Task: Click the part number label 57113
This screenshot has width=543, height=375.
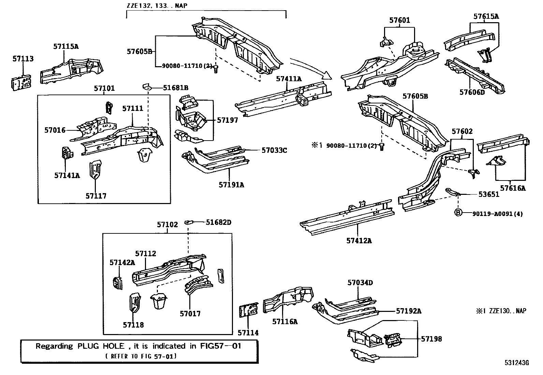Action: click(x=23, y=59)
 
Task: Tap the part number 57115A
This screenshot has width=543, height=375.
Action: click(x=66, y=46)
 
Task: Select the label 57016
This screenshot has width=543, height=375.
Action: click(x=55, y=130)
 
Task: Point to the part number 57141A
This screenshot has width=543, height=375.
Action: click(x=67, y=175)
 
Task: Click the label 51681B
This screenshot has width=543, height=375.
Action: click(x=176, y=88)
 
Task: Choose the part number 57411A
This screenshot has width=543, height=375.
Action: click(x=289, y=78)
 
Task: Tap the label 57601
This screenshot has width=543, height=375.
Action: click(x=399, y=20)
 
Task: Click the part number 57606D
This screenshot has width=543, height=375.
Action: click(x=472, y=92)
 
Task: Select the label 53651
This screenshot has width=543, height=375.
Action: click(x=489, y=194)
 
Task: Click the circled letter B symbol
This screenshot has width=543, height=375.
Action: click(x=458, y=213)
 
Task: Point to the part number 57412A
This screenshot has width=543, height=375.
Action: click(x=359, y=241)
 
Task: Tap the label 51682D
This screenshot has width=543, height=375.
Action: click(x=218, y=222)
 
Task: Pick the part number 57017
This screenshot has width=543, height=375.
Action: click(x=190, y=314)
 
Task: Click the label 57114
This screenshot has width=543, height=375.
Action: click(x=248, y=333)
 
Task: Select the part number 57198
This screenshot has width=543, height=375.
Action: click(x=431, y=339)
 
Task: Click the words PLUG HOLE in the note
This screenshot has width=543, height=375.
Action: click(x=101, y=346)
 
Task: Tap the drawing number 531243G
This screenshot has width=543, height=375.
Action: click(x=517, y=363)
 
